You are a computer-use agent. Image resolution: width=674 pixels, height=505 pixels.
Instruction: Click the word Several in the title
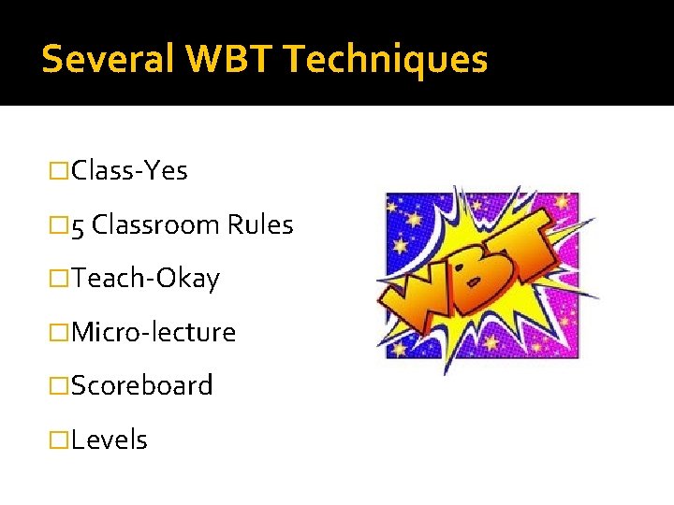pyautogui.click(x=109, y=59)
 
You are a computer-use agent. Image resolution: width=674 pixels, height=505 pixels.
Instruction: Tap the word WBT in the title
pyautogui.click(x=229, y=59)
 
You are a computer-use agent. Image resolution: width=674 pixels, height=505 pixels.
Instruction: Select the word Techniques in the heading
pyautogui.click(x=386, y=59)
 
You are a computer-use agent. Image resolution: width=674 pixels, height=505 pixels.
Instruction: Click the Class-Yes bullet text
pyautogui.click(x=129, y=171)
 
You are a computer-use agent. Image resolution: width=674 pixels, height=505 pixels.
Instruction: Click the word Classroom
pyautogui.click(x=156, y=225)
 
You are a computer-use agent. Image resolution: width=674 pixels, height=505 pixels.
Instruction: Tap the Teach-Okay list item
pyautogui.click(x=145, y=279)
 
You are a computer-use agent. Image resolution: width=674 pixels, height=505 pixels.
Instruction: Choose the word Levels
pyautogui.click(x=110, y=440)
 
